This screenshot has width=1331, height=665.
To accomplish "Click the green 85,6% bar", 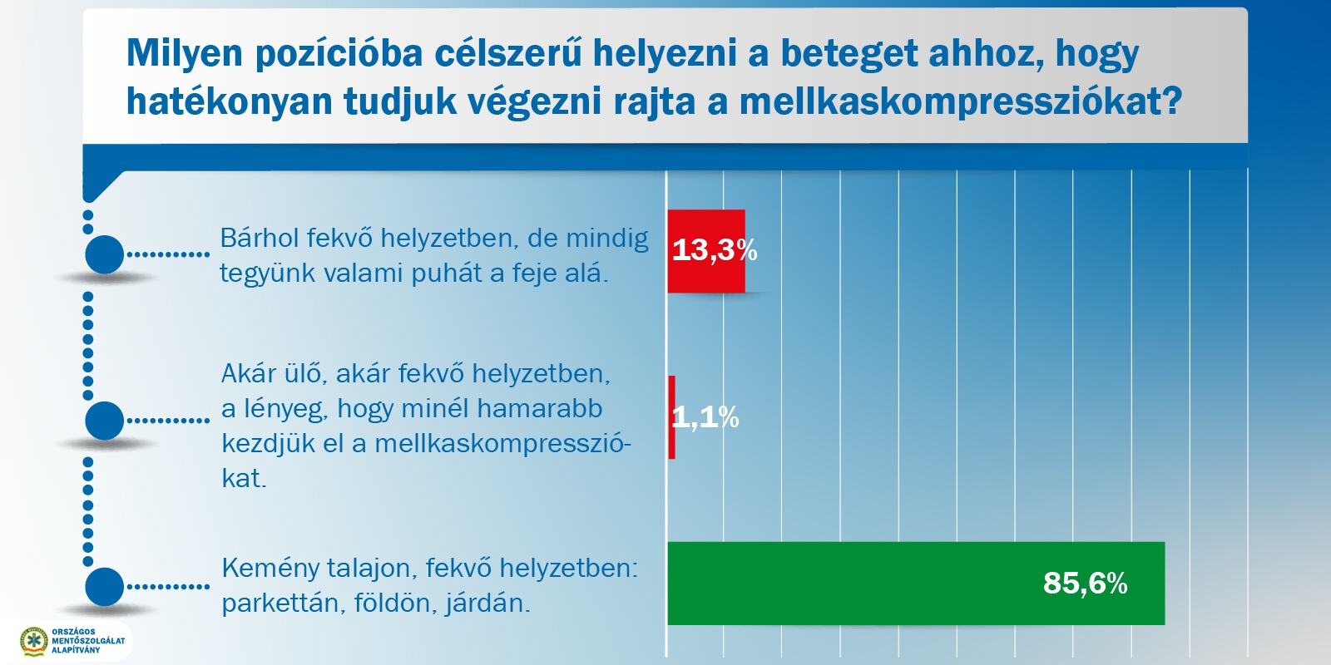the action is point(916,583).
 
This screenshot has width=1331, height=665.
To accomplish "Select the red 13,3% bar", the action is point(706,251).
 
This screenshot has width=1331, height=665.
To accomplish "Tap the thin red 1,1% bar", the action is point(671,416).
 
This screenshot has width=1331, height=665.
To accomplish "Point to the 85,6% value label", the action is point(1085,583).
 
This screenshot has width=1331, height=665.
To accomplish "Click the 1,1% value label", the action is point(705,417).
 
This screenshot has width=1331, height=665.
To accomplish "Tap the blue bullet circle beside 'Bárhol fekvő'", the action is point(105,254).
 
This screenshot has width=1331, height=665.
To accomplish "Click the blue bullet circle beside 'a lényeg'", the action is point(105,421).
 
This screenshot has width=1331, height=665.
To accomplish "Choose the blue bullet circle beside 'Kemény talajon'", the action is point(105,587).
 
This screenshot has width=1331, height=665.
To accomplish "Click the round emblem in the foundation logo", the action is point(34,641).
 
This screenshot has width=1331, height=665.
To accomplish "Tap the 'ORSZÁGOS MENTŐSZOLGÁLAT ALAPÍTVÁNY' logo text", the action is point(88,641).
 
